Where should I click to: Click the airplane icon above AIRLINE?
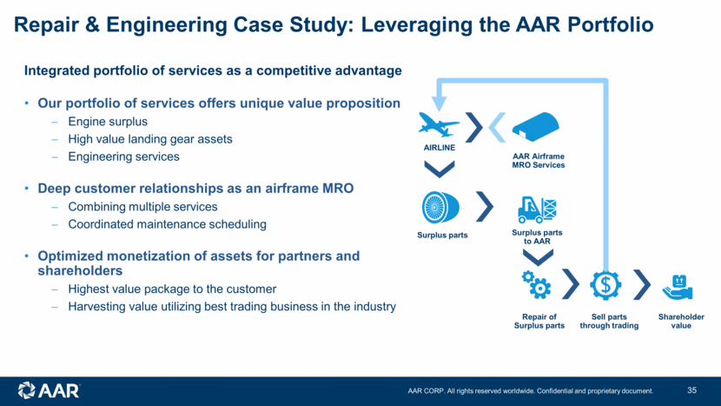tap(438, 125)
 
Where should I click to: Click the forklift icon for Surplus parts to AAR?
tap(537, 209)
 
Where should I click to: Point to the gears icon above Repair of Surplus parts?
tap(535, 283)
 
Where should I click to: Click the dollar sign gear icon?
tap(605, 284)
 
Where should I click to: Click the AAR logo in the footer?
tap(49, 389)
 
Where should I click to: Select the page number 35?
tap(691, 389)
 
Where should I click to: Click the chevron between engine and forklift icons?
tap(485, 208)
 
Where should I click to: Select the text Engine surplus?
tap(107, 122)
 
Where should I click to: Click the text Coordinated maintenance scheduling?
tap(167, 224)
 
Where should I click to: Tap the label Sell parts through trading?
tap(609, 321)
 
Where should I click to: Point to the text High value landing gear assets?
tap(150, 139)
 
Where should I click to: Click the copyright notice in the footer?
tap(531, 390)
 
